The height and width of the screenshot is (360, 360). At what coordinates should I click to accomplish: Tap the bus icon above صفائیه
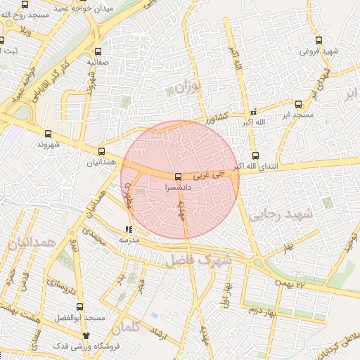pyautogui.click(x=98, y=51)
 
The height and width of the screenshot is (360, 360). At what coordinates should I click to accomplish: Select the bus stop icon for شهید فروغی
pyautogui.click(x=319, y=40)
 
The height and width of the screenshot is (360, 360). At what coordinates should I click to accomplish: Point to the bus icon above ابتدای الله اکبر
pyautogui.click(x=255, y=156)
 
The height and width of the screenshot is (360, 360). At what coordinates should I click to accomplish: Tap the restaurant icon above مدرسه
pyautogui.click(x=128, y=229)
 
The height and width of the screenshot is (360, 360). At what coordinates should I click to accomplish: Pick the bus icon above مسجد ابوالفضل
pyautogui.click(x=79, y=307)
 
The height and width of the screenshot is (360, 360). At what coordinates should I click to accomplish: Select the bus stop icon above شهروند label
pyautogui.click(x=48, y=134)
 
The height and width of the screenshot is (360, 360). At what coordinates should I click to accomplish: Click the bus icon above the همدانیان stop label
pyautogui.click(x=102, y=151)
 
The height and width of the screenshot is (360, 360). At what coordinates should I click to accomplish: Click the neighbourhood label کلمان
pyautogui.click(x=146, y=327)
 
